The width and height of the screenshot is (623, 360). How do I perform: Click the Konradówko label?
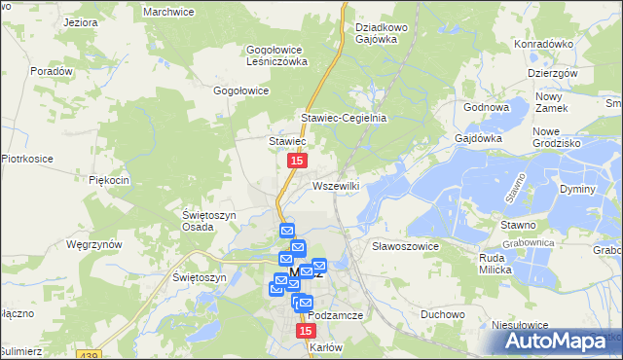[x=542, y=44]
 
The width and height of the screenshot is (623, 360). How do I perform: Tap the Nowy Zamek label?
[x=550, y=102]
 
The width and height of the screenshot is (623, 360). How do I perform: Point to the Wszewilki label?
[x=337, y=185]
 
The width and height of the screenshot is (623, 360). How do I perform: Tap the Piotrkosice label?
[x=25, y=158]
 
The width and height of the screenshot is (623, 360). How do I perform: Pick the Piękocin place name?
[x=109, y=180]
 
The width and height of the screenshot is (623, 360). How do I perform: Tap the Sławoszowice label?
[x=406, y=247]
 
